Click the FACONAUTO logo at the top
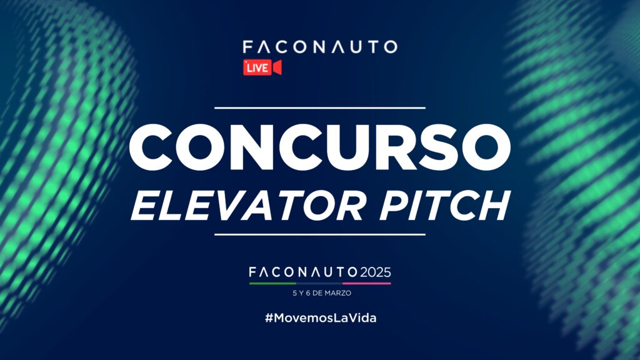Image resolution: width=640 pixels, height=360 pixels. (320, 47)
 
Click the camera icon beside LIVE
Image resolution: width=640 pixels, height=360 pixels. (277, 67)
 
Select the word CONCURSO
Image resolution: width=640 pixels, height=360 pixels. (319, 147)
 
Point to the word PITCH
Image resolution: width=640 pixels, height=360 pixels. (444, 206)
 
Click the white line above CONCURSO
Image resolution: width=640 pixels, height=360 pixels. (319, 108)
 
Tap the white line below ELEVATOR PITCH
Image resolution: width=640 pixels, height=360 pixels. (319, 235)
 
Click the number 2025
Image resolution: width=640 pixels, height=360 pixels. (375, 272)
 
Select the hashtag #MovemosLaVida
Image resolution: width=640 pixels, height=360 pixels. (321, 318)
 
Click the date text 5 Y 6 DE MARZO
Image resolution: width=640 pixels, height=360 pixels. (322, 293)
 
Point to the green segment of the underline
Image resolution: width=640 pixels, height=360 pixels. (272, 283)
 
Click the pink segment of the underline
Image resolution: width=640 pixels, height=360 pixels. (366, 283)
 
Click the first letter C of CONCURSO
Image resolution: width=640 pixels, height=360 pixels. (151, 147)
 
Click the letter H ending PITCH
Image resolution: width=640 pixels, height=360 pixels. (495, 206)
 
